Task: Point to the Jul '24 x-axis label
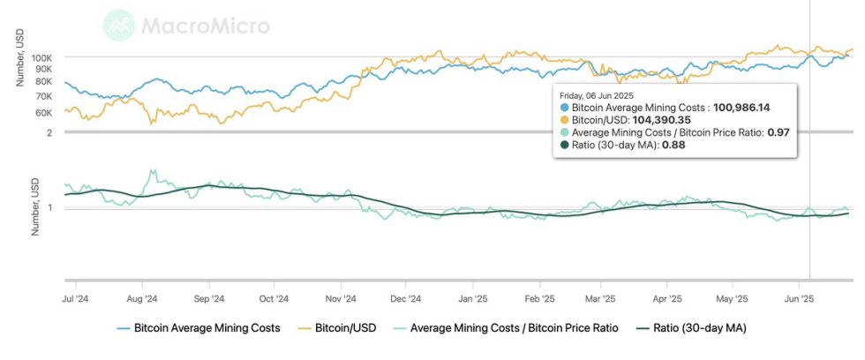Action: point(74,299)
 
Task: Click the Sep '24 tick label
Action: point(208,299)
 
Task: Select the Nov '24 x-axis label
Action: point(340,299)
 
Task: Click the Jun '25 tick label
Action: point(799,299)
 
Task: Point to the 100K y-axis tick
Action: point(42,56)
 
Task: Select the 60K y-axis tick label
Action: point(44,113)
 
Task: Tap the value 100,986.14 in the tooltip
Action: point(741,107)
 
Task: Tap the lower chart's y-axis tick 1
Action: point(50,207)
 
